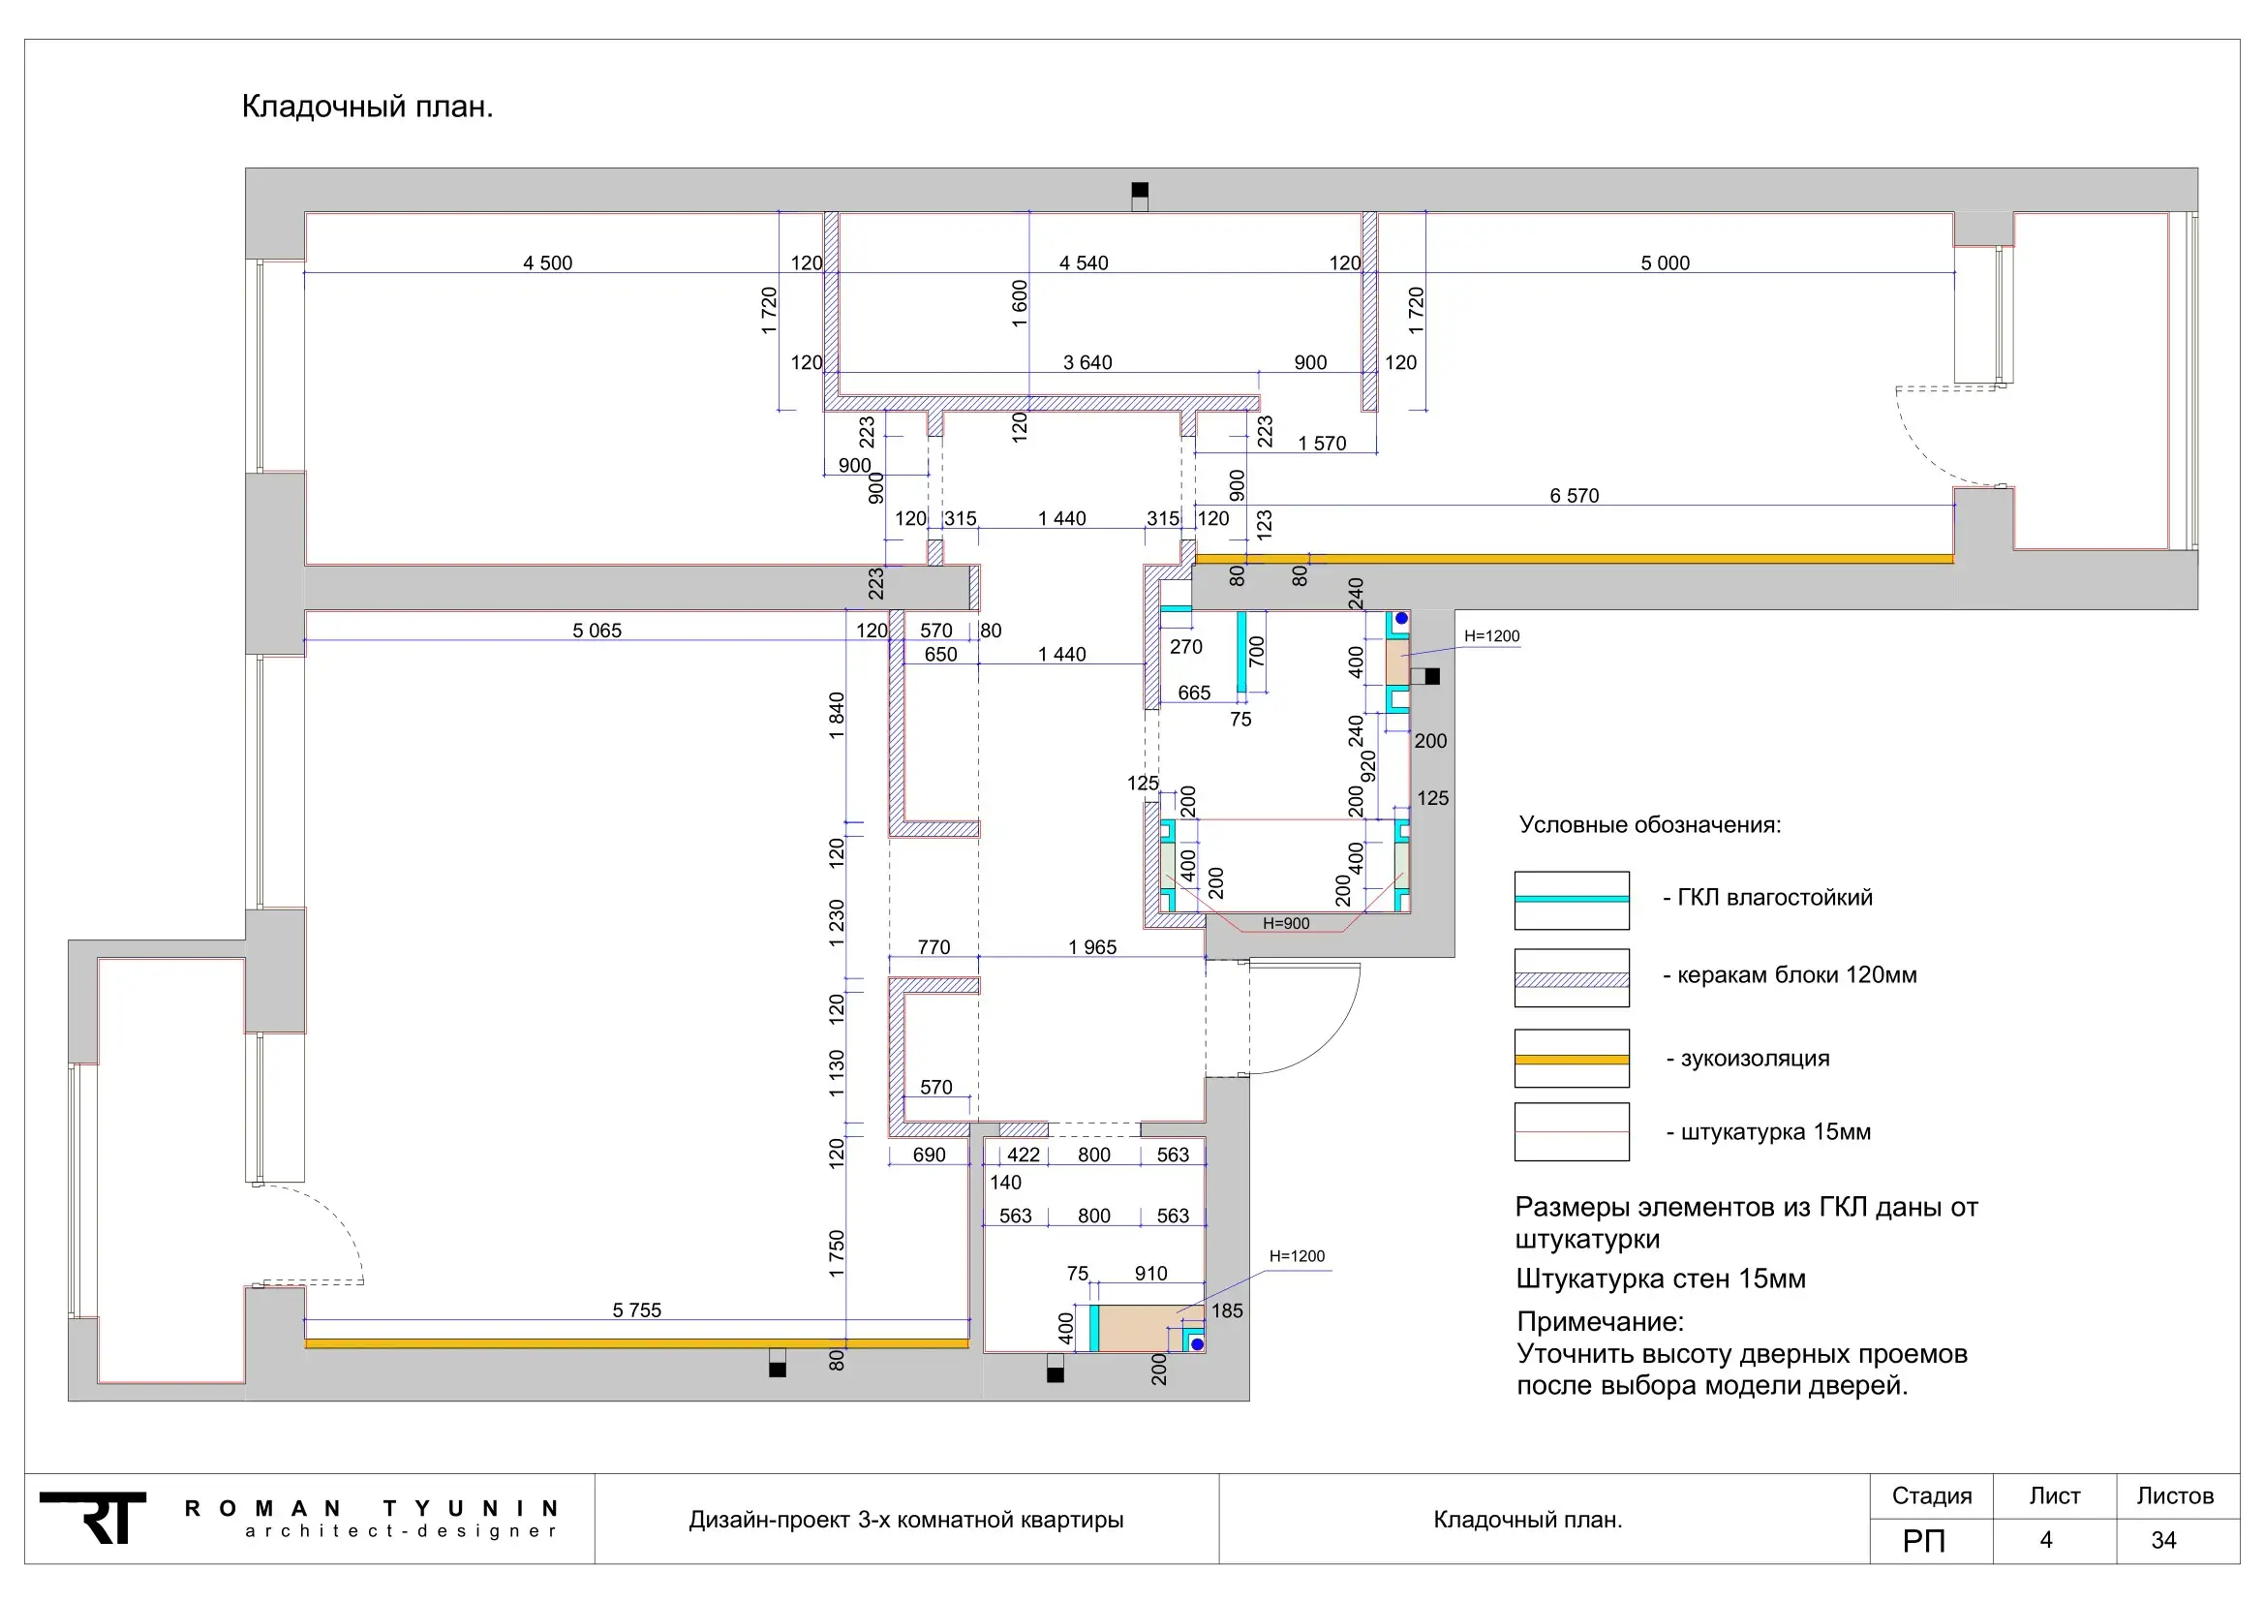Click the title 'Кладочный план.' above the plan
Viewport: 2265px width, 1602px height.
[367, 107]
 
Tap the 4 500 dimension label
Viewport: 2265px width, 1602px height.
[547, 262]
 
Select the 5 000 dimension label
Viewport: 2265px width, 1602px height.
[1666, 262]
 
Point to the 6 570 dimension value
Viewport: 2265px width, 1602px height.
[1575, 495]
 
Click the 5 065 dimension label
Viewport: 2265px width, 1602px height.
[597, 631]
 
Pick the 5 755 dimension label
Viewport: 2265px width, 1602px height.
[637, 1310]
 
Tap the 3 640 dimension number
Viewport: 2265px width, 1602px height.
[1087, 362]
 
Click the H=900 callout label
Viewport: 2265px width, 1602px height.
[1286, 923]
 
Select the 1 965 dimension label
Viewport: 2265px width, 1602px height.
[1092, 947]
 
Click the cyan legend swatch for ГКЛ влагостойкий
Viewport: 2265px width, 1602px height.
[1572, 900]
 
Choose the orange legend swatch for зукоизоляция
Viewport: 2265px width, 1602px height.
[1572, 1060]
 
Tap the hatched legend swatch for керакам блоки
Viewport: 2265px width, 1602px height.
[1572, 978]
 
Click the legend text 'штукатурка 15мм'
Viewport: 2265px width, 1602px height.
[1776, 1131]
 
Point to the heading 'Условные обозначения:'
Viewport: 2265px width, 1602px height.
[1650, 824]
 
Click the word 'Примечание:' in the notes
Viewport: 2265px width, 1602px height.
[1600, 1322]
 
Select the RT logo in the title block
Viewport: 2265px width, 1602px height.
[93, 1517]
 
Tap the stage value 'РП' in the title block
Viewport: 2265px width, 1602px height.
[1924, 1541]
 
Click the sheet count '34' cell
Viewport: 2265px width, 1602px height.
[2163, 1540]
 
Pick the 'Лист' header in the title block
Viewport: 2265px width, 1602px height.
[2055, 1496]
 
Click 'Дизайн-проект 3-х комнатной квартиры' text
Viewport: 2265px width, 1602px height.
[905, 1519]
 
